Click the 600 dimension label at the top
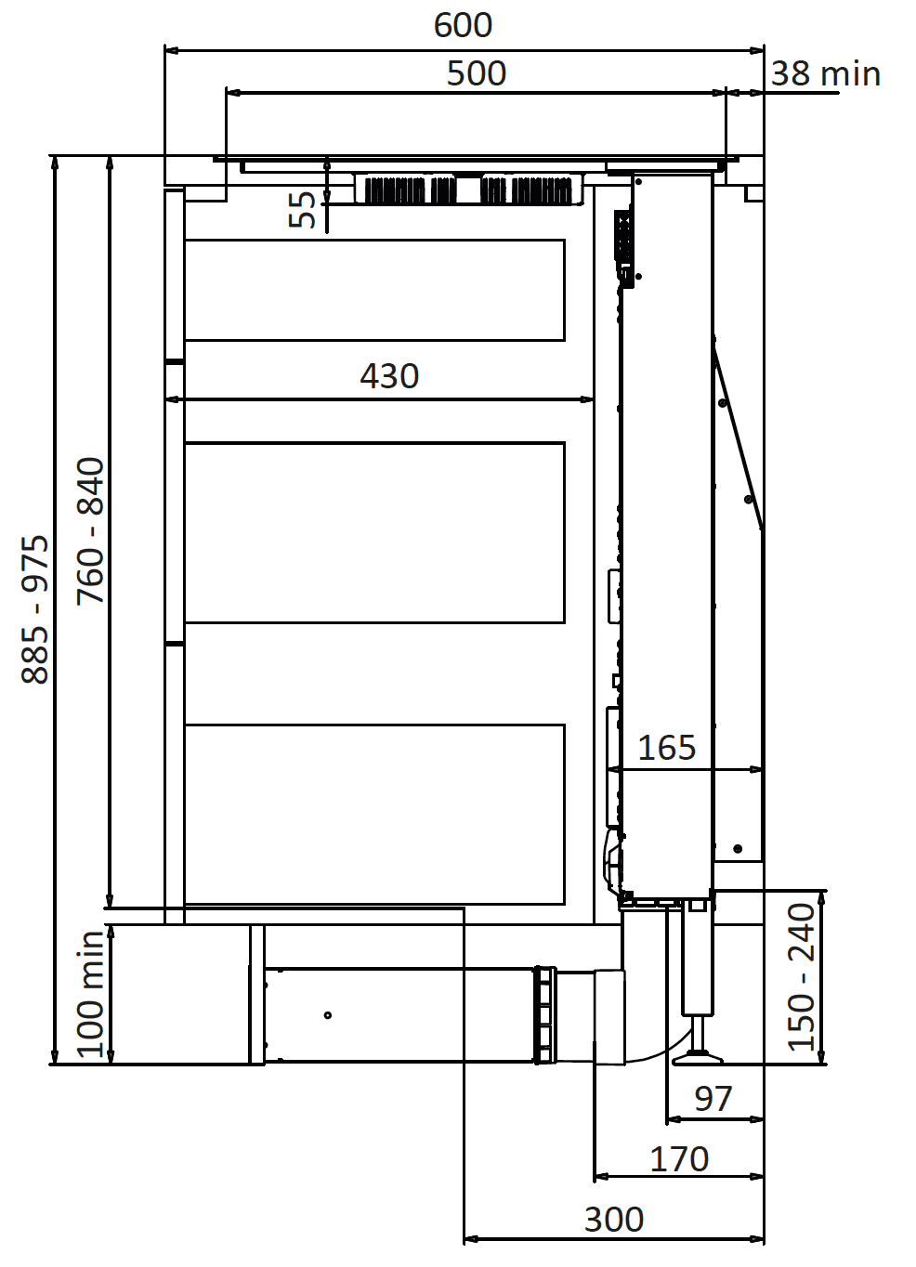coord(463,25)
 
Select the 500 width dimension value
coord(477,73)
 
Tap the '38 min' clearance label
coord(826,74)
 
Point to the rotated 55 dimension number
coord(302,209)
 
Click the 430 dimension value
coord(389,376)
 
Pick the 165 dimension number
coord(666,748)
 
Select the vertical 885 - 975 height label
coord(35,609)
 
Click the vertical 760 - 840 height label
coord(90,531)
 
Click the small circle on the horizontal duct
coord(328,1015)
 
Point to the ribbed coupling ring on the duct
coord(545,1015)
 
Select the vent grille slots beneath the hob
coord(468,190)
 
